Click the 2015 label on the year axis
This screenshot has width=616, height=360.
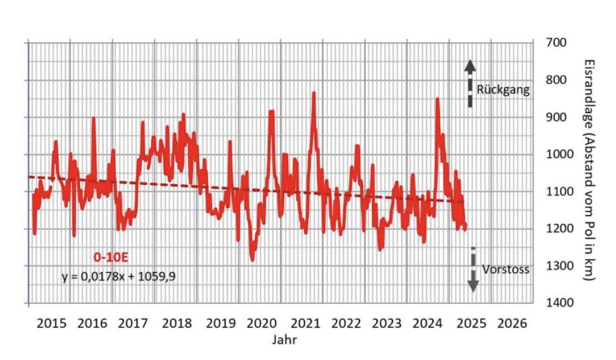[51, 323]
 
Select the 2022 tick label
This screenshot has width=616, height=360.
[345, 323]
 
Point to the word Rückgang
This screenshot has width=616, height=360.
[503, 90]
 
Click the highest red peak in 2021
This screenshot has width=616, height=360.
[313, 93]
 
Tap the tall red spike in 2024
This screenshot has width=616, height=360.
[437, 99]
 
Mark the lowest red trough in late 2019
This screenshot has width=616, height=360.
[252, 259]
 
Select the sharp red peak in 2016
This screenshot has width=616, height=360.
[93, 118]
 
